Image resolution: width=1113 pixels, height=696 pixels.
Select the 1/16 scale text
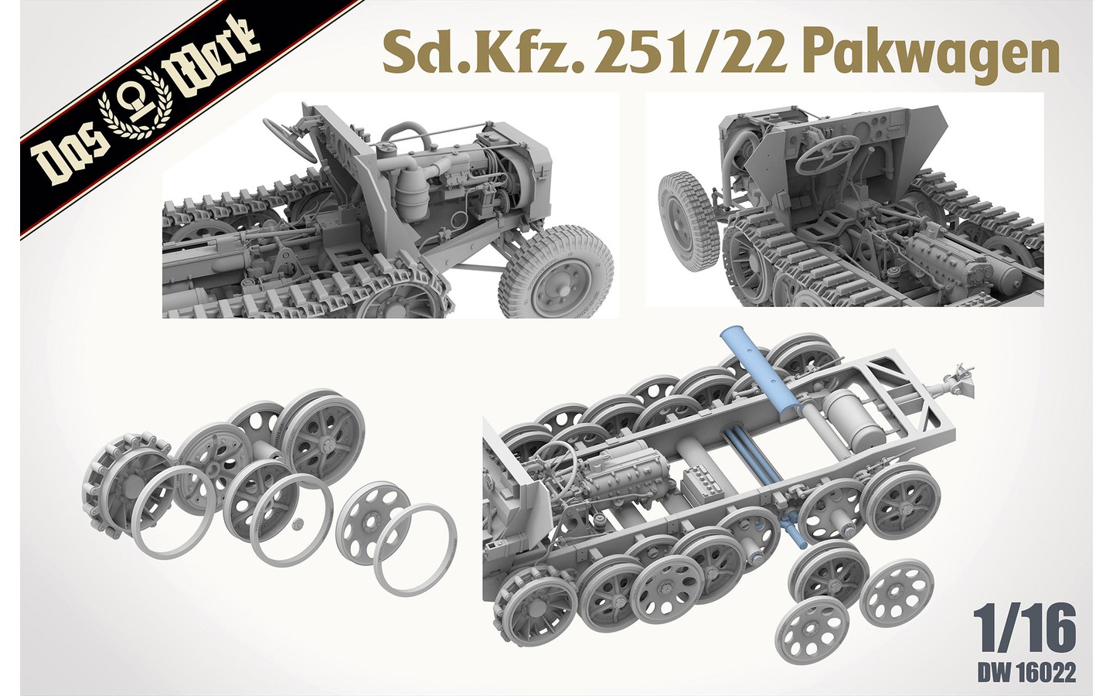point(1027,631)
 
